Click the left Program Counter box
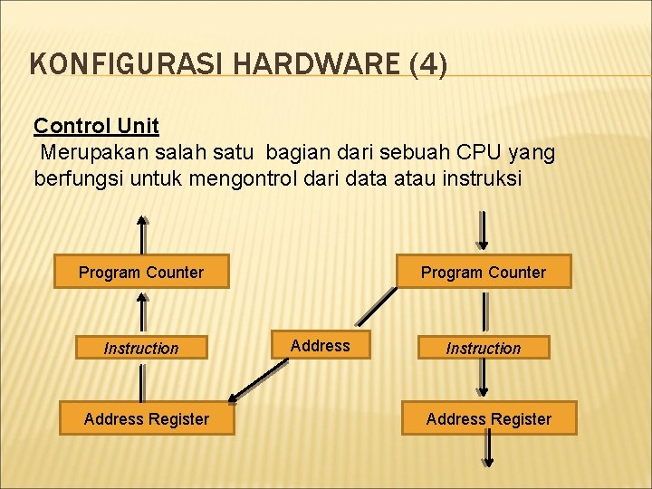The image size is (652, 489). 141,272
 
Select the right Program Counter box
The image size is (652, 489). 484,272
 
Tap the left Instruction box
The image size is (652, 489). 141,348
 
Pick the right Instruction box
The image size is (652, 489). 484,348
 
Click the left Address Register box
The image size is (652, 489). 147,418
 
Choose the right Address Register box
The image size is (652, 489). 489,418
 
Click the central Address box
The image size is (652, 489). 320,345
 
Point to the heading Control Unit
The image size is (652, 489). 96,125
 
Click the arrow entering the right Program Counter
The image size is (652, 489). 484,232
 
